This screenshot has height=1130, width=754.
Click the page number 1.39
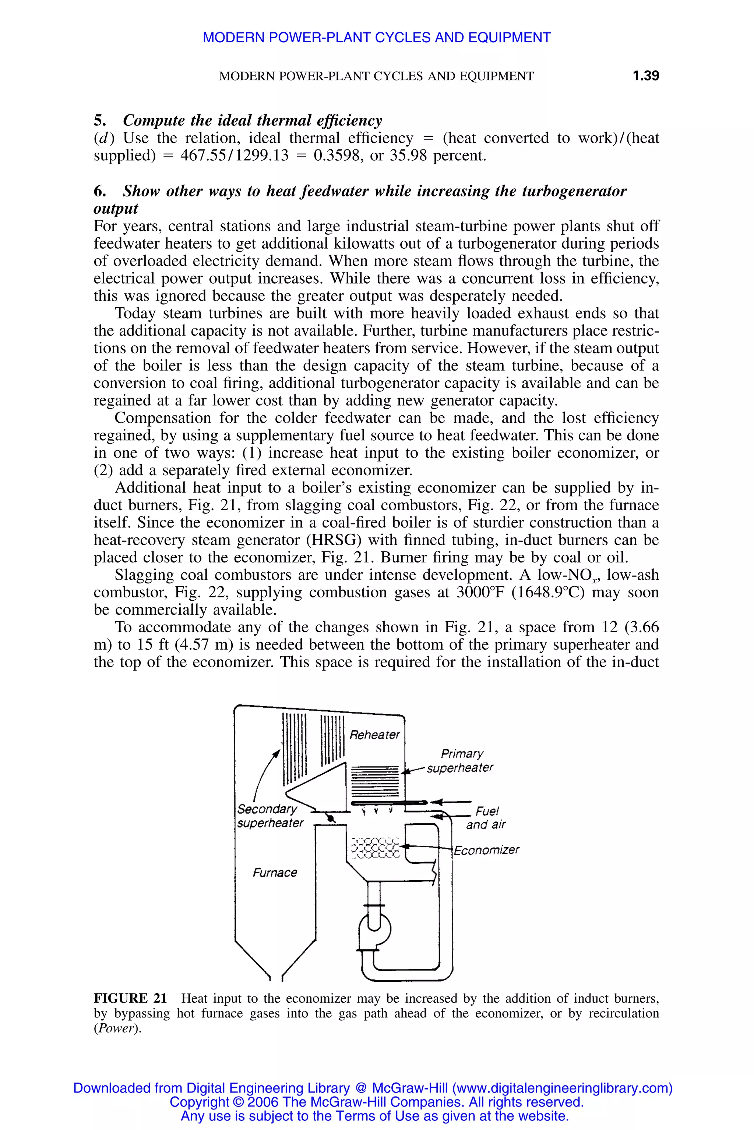pos(645,76)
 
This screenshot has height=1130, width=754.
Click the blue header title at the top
pos(377,38)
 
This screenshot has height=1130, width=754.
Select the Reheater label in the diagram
pos(374,735)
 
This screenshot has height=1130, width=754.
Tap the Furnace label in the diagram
pos(275,873)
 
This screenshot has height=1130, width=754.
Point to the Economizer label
pos(486,850)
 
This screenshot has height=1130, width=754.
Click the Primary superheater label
pos(461,761)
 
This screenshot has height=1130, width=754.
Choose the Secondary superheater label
pos(270,816)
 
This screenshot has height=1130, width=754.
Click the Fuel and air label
pos(486,818)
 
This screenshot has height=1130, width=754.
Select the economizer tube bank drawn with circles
pos(376,848)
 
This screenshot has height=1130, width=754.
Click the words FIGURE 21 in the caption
pos(130,998)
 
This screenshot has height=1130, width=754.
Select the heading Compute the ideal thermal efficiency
pos(253,120)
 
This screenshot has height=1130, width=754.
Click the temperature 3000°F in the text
pos(481,592)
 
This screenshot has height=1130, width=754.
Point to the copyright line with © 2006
pos(377,1102)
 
